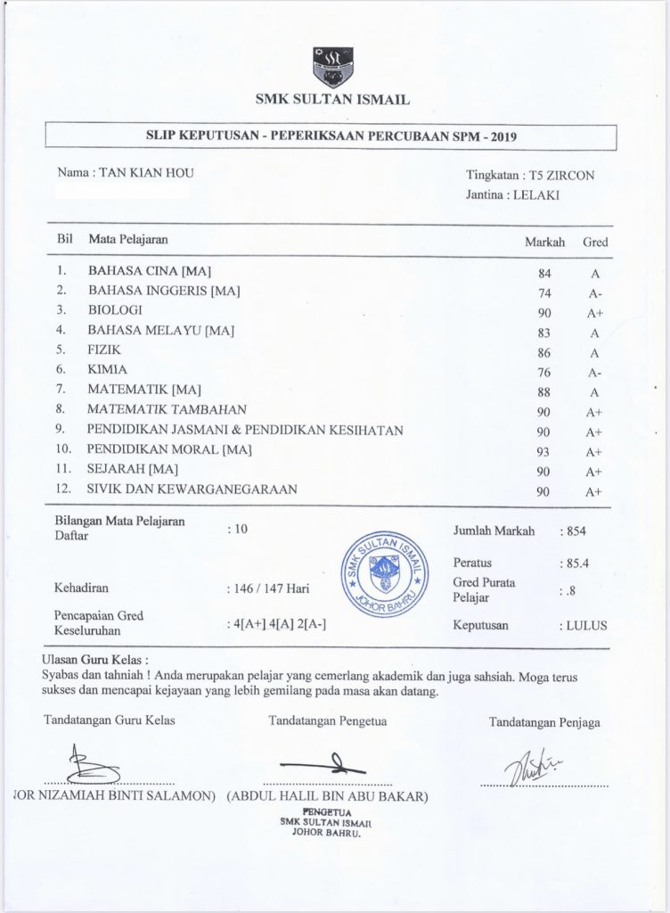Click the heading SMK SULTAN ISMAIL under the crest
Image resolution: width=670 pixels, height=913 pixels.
point(332,100)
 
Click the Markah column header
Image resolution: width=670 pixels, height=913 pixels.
point(543,242)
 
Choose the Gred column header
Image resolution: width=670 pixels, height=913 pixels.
point(595,242)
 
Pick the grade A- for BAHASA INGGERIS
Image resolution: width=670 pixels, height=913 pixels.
point(594,293)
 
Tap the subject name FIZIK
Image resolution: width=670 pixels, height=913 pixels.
point(103,349)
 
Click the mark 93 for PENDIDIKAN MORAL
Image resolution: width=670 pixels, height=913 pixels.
point(544,451)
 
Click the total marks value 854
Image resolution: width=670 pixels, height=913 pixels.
point(576,531)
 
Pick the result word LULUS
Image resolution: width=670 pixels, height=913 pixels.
point(586,626)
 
